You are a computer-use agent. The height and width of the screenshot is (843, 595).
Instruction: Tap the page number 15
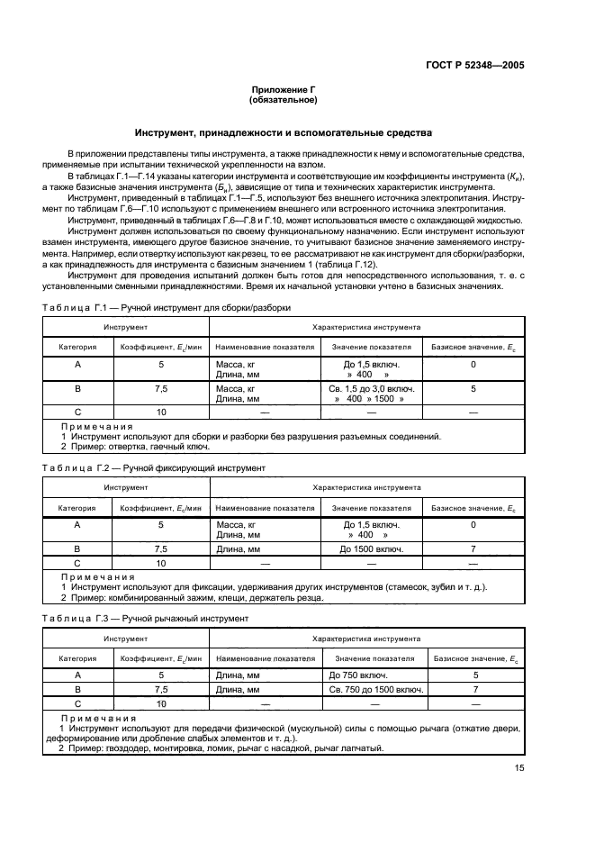coord(518,767)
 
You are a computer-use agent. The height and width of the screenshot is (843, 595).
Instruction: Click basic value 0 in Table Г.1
coord(473,365)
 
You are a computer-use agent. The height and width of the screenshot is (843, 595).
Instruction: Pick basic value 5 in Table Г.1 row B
coord(473,389)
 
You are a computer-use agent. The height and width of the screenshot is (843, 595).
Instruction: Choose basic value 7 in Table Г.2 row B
coord(473,548)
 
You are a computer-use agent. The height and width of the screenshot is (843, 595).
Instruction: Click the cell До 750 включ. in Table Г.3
coord(358,674)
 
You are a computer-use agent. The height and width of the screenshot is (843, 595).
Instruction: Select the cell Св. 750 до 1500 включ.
coord(372,689)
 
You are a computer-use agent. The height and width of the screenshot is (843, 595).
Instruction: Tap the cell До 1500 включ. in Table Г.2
coord(371,548)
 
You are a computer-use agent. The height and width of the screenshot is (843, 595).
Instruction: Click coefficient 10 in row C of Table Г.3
coord(161,703)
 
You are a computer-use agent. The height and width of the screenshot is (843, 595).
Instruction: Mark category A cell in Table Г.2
coord(77,524)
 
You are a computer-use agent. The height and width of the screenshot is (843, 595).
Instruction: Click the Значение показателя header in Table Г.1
coord(371,346)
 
